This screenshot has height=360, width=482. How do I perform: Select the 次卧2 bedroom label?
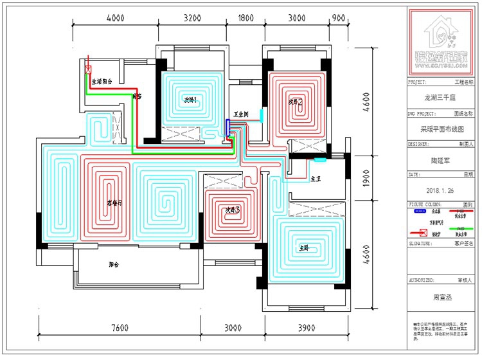pos(296,102)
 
